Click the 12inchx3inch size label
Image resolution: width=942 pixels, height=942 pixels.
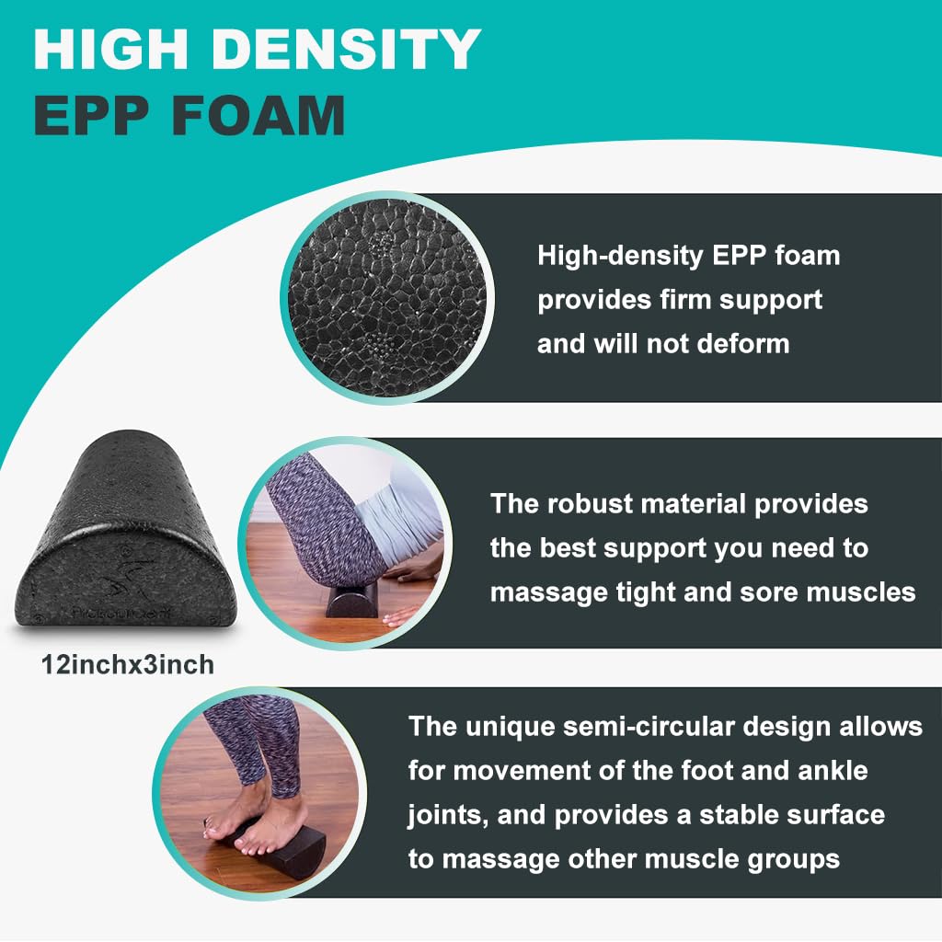point(127,664)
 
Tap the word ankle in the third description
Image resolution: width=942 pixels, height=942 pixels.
point(827,770)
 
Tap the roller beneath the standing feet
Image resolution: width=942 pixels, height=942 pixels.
point(294,842)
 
